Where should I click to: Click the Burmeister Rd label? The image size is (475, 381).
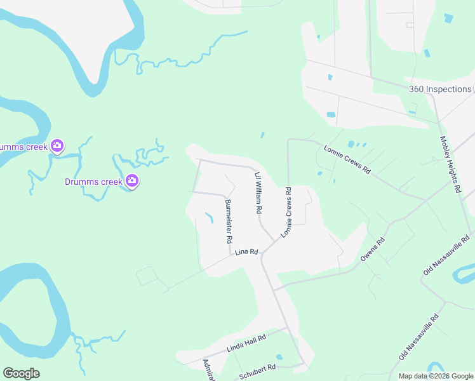[x=229, y=222]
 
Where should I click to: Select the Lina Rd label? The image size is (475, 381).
[x=246, y=252]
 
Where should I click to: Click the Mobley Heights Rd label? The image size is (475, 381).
[x=450, y=164]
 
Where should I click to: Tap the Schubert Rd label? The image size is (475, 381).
[x=258, y=371]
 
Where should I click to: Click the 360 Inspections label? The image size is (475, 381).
[x=440, y=89]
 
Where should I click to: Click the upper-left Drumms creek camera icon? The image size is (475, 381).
[x=57, y=146]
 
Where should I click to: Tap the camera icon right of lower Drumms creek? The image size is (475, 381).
[x=132, y=181]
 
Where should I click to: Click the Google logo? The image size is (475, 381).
[x=21, y=373]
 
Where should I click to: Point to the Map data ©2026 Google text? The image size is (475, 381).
[x=436, y=376]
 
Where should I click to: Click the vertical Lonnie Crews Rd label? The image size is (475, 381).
[x=286, y=213]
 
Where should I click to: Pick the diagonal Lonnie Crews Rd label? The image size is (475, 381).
[x=347, y=159]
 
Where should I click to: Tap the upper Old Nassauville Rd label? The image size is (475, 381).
[x=448, y=254]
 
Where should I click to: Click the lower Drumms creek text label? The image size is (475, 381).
[x=93, y=182]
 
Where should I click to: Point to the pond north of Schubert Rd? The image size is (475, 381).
[x=279, y=356]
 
